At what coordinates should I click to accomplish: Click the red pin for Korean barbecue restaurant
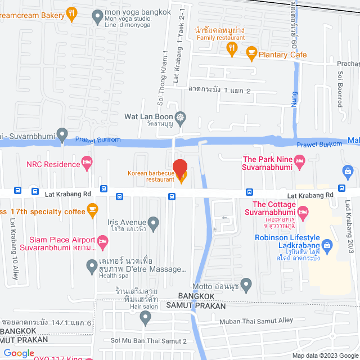[179, 168]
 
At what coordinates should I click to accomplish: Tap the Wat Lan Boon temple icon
[180, 118]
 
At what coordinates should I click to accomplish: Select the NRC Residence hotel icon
[87, 164]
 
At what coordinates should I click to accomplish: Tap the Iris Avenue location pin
[152, 222]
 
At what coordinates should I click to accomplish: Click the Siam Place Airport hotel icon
[102, 242]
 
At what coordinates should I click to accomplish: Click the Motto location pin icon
[245, 283]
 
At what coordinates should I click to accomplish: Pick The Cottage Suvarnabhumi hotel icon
[303, 212]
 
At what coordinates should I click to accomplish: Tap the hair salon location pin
[146, 317]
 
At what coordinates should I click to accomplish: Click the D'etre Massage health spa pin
[91, 265]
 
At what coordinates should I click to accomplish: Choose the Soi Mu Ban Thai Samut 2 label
[148, 341]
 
